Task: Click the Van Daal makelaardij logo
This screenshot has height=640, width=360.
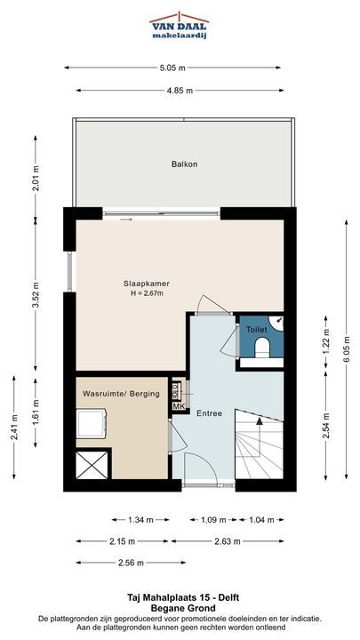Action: coord(180,25)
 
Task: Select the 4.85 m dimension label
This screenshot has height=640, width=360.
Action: coord(180,91)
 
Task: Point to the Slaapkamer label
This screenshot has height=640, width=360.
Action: coord(147,284)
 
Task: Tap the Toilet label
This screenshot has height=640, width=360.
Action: coord(257,330)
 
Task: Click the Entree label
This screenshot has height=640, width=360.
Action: coord(210,413)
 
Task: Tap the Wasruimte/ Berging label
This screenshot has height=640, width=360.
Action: coord(121,394)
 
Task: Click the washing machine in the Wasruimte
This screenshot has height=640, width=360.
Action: coord(92,425)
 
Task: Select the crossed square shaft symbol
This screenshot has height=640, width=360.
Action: coord(92,465)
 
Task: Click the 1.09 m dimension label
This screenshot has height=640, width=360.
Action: coord(213,520)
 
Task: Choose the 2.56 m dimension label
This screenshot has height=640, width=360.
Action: coord(130,563)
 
